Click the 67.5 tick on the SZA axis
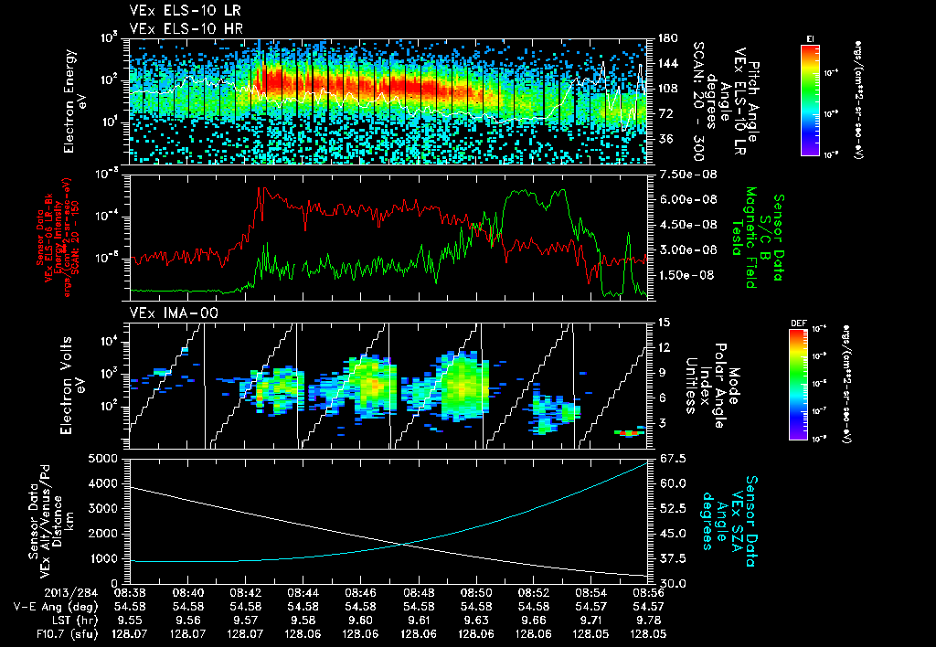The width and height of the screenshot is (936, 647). (670, 458)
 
